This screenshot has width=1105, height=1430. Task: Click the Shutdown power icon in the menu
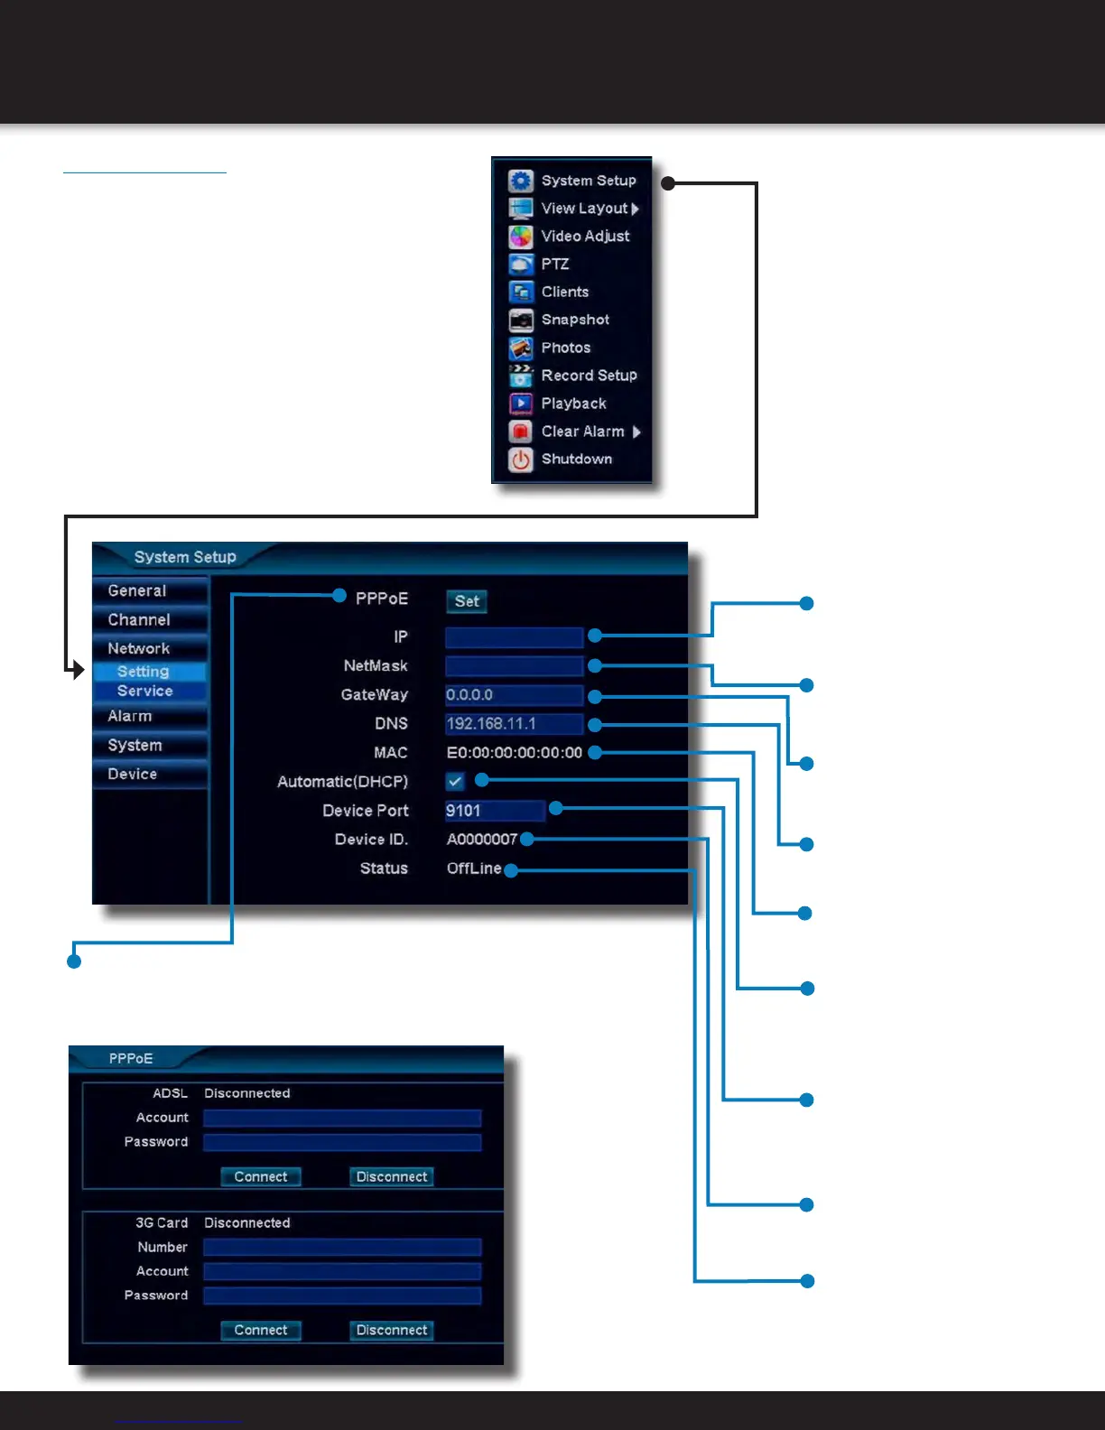point(521,460)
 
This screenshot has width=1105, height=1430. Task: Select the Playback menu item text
point(573,404)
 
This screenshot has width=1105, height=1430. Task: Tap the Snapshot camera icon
point(521,320)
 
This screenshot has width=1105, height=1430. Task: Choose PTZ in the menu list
point(555,265)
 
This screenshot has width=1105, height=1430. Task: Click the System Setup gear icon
point(521,181)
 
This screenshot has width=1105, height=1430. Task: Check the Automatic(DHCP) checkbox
point(455,781)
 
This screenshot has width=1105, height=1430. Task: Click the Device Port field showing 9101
point(495,811)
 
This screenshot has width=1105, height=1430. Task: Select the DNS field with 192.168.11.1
point(514,724)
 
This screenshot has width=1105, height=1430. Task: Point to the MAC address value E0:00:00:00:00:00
point(514,753)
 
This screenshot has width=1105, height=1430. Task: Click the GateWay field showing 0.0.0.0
point(514,695)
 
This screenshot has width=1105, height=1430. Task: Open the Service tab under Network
point(145,692)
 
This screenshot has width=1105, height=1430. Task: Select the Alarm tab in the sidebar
point(131,717)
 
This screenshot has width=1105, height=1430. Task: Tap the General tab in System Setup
point(137,591)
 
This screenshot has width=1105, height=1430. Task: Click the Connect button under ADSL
point(261,1177)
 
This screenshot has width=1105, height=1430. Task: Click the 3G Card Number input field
point(342,1248)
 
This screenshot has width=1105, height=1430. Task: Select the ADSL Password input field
point(342,1143)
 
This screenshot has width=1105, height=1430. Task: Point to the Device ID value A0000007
point(482,840)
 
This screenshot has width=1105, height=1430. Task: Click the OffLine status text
point(474,868)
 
